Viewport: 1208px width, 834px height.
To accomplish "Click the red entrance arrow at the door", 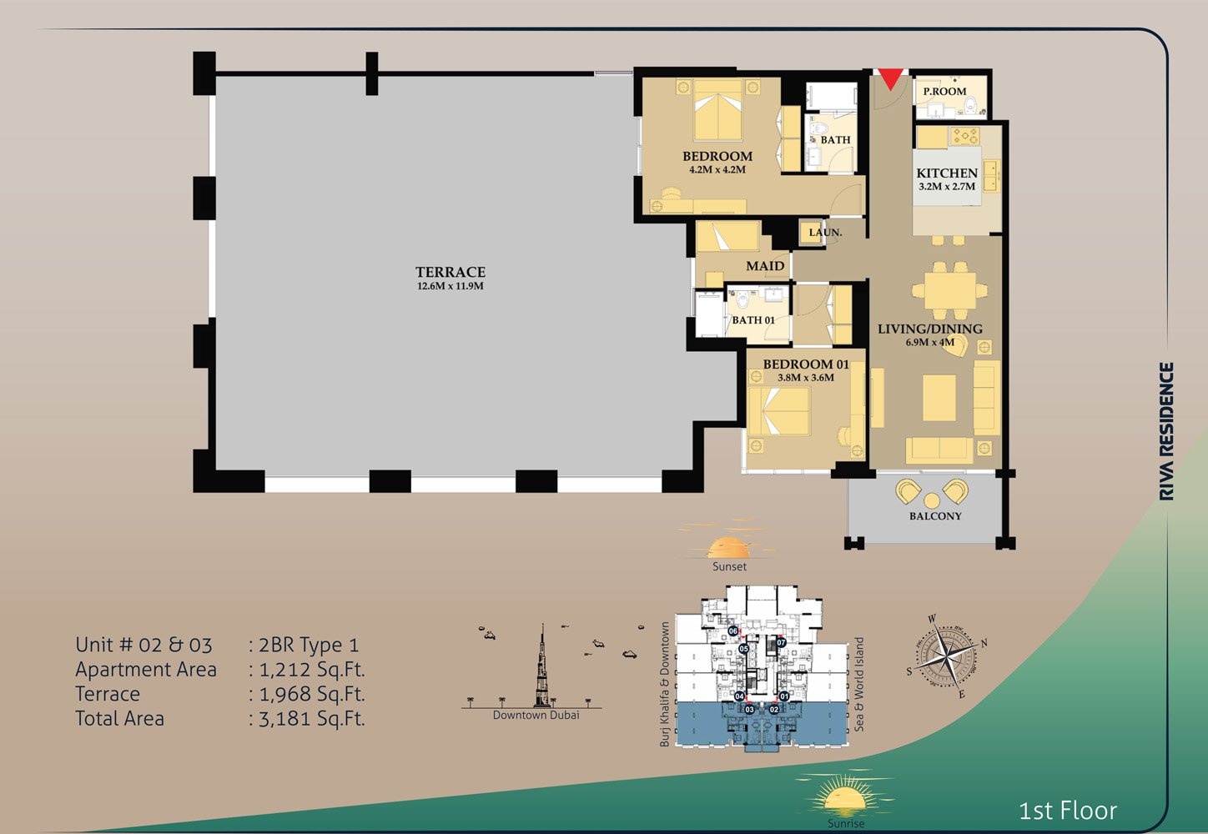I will [x=890, y=79].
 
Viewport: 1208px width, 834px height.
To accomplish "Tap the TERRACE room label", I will [x=450, y=272].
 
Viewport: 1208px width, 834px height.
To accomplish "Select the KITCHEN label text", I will [x=947, y=173].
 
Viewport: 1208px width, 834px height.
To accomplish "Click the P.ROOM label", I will [x=944, y=91].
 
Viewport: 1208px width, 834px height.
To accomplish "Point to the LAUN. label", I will [x=825, y=232].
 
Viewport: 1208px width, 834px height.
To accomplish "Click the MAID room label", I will [x=765, y=266].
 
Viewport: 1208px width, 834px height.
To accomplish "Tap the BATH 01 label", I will [x=753, y=320].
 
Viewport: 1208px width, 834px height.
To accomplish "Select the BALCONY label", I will [x=935, y=516].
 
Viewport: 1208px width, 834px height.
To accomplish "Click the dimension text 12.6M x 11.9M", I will [x=450, y=286].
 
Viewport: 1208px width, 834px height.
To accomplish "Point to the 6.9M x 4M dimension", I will [x=930, y=342].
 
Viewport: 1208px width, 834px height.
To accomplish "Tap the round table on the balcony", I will [x=932, y=500].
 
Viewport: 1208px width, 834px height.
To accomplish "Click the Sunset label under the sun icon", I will [x=729, y=566].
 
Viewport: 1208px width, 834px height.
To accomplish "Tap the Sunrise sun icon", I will [x=844, y=797].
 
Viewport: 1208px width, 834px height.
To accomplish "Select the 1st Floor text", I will [x=1067, y=811].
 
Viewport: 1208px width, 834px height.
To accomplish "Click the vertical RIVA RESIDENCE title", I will [x=1166, y=431].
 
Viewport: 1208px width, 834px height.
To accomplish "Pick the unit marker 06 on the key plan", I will [x=732, y=631].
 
